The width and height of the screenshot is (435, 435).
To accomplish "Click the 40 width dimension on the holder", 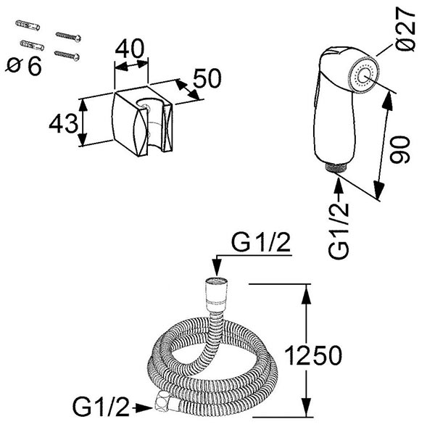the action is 130,49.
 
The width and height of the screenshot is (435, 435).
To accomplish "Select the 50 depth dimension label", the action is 207,78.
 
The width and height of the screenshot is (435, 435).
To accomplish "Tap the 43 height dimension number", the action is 64,123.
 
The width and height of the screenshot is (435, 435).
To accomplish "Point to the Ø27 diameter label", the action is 405,28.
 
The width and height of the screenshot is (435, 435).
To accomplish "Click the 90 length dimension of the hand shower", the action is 399,149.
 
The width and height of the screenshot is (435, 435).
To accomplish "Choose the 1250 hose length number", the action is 313,355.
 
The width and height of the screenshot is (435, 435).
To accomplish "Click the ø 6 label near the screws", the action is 24,66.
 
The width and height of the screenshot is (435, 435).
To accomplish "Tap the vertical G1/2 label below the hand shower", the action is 338,231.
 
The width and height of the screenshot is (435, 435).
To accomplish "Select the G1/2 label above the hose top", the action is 261,242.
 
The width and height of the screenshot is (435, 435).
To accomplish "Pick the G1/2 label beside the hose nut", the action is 101,407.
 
